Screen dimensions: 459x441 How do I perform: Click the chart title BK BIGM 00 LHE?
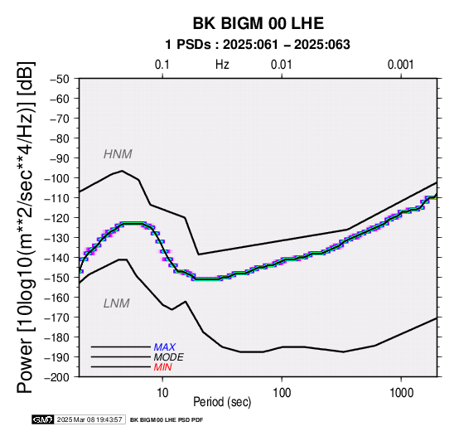pyautogui.click(x=258, y=23)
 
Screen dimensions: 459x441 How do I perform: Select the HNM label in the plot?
pyautogui.click(x=118, y=154)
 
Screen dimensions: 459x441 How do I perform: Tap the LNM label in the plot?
pyautogui.click(x=117, y=303)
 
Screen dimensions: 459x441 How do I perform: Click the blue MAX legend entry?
pyautogui.click(x=165, y=347)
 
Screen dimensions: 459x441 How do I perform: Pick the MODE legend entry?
pyautogui.click(x=169, y=357)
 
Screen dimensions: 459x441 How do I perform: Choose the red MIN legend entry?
pyautogui.click(x=162, y=367)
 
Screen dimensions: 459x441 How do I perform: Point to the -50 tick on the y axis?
pyautogui.click(x=60, y=79)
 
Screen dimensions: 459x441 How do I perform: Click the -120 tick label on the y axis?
pyautogui.click(x=57, y=218)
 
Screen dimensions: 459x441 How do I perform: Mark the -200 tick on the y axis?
pyautogui.click(x=57, y=377)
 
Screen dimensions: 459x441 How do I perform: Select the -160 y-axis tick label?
pyautogui.click(x=57, y=298)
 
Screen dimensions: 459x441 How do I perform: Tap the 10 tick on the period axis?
pyautogui.click(x=162, y=393)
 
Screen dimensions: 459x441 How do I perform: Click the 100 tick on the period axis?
pyautogui.click(x=282, y=393)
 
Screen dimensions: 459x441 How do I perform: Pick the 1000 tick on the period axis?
pyautogui.click(x=401, y=393)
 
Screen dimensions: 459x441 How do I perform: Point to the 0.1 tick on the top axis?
pyautogui.click(x=162, y=65)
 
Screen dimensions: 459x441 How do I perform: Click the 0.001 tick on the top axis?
pyautogui.click(x=401, y=65)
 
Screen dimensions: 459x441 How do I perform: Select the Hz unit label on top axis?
pyautogui.click(x=222, y=65)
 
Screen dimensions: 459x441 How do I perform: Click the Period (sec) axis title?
pyautogui.click(x=222, y=402)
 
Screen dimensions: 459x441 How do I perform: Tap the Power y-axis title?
pyautogui.click(x=25, y=227)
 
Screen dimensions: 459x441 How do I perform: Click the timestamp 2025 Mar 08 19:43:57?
pyautogui.click(x=89, y=420)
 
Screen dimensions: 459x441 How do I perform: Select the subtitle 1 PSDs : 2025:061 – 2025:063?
pyautogui.click(x=258, y=45)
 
